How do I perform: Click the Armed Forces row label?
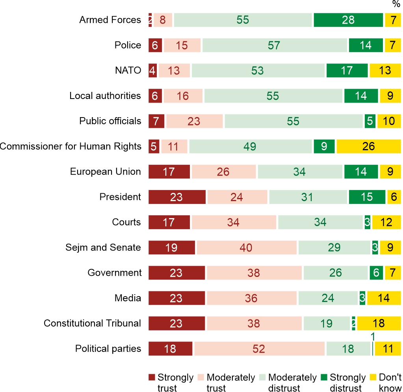click(110, 20)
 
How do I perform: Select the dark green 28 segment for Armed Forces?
click(348, 20)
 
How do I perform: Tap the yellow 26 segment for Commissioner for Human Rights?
click(368, 146)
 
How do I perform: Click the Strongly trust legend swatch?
click(152, 377)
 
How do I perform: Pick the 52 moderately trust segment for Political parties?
click(259, 349)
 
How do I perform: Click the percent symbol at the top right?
click(396, 4)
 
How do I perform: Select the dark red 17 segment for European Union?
click(169, 172)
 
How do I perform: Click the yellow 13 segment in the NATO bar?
click(385, 71)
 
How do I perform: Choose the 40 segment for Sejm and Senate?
click(247, 248)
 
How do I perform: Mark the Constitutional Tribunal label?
click(92, 323)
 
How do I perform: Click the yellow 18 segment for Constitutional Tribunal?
click(379, 324)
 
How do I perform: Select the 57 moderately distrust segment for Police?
click(274, 45)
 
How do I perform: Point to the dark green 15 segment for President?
click(367, 197)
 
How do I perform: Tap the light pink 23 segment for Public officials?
click(194, 121)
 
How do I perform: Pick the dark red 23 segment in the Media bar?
click(176, 298)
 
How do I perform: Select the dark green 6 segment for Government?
click(376, 273)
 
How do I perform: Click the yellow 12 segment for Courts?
click(386, 222)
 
